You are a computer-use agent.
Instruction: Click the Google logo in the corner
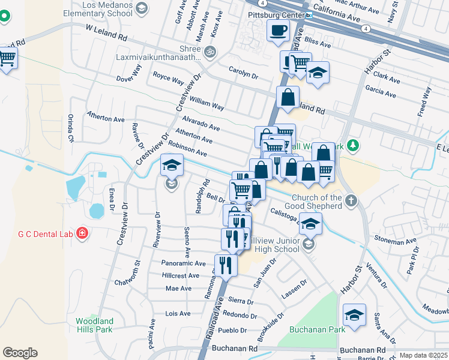coord(20,353)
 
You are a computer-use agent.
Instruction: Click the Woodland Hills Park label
coord(94,325)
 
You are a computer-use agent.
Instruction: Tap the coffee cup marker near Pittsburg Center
coord(277,30)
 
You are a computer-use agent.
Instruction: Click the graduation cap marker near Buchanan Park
coord(354,314)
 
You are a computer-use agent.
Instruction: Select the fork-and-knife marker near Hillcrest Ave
coord(226,264)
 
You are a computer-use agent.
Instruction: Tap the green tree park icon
coord(354,145)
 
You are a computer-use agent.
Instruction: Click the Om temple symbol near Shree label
coord(209,51)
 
